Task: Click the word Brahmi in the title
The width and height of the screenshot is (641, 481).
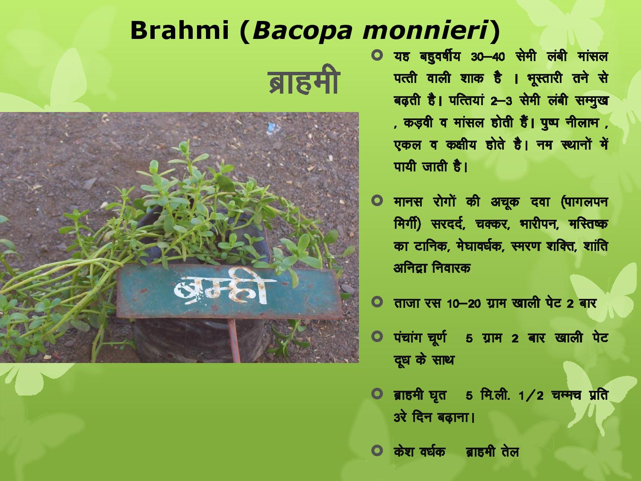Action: click(179, 31)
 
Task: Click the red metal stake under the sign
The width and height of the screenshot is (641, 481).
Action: click(235, 340)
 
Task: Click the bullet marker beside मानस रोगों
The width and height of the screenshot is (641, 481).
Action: click(377, 201)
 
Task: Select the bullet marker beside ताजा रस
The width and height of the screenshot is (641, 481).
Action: click(377, 302)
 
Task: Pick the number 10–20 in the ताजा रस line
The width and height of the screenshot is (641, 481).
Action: click(464, 304)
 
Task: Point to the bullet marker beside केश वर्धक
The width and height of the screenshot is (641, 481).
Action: click(377, 450)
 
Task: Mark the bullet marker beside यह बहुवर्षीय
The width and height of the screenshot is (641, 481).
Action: click(377, 55)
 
